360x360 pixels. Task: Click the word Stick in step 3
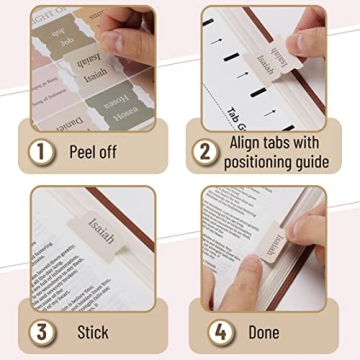(92, 329)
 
